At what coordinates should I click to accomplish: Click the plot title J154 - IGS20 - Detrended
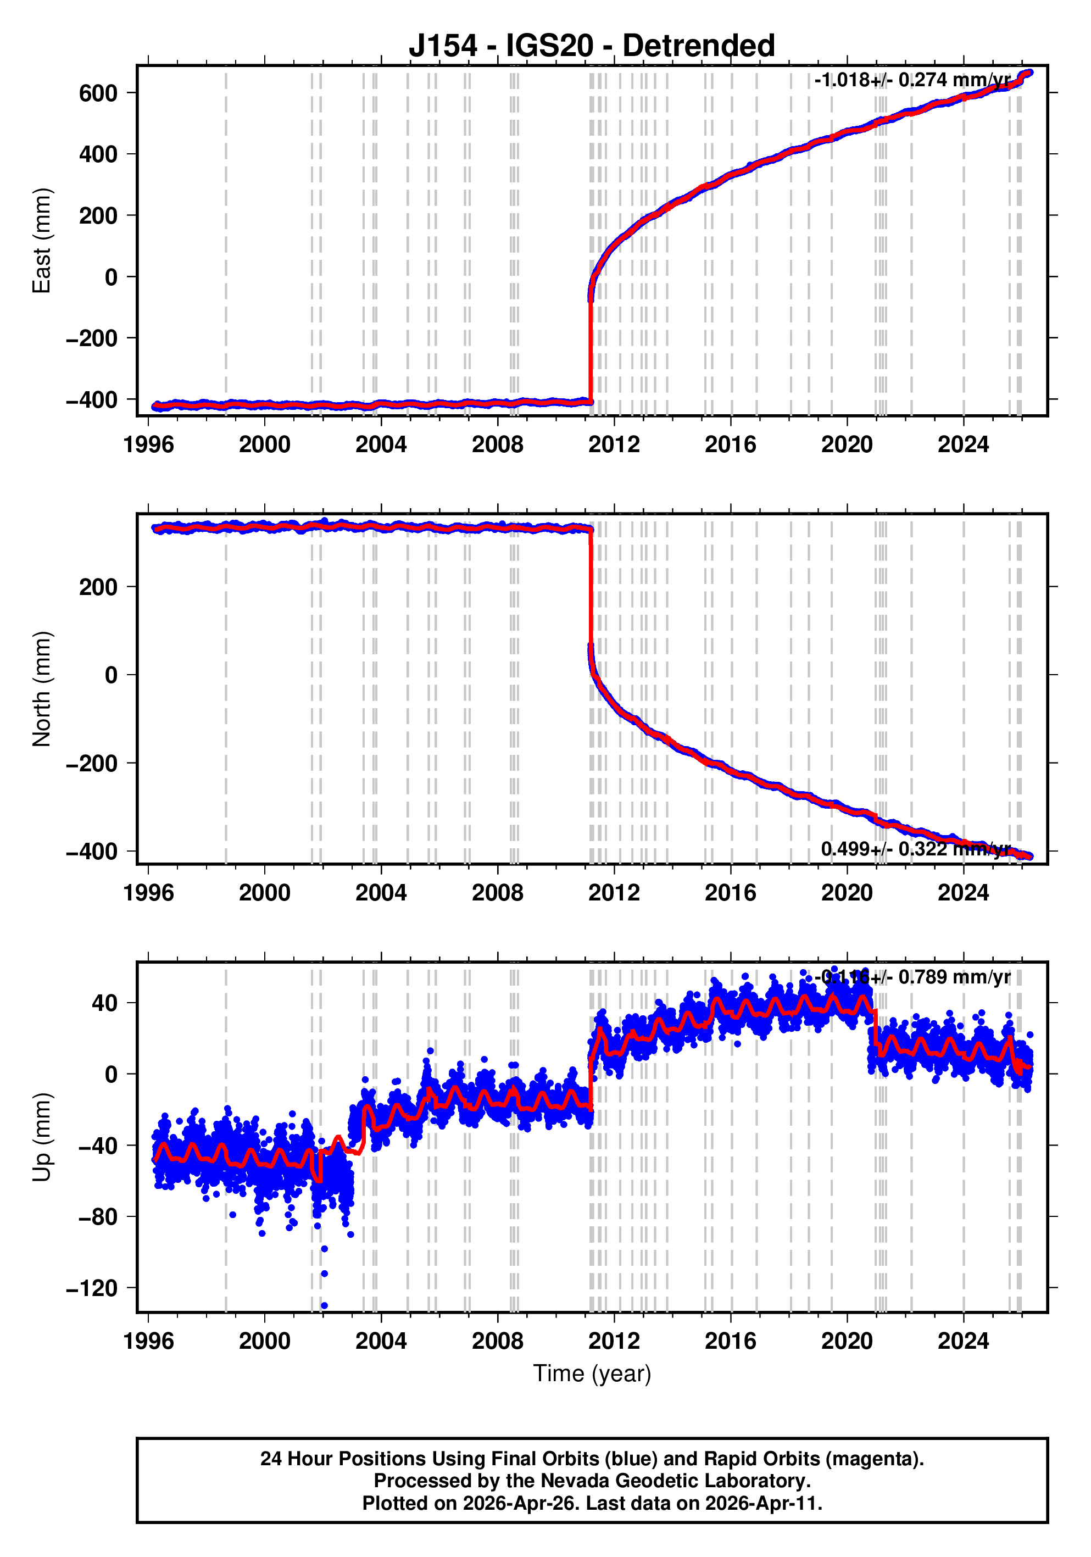(x=591, y=46)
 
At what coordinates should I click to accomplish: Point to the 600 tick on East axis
(x=98, y=93)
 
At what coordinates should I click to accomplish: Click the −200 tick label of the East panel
(x=92, y=338)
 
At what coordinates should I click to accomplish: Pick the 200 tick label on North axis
(x=98, y=587)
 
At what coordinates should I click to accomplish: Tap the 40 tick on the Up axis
(x=104, y=1002)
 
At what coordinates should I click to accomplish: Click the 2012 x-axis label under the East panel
(x=614, y=445)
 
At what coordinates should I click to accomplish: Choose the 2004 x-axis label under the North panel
(x=381, y=892)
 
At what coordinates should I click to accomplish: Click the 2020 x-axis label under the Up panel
(x=847, y=1341)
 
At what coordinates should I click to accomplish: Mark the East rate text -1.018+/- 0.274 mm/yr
(x=912, y=80)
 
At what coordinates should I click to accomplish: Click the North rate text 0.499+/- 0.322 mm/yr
(x=915, y=849)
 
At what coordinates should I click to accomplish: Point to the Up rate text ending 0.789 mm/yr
(x=915, y=977)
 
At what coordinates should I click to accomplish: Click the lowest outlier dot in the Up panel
(x=324, y=1305)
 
